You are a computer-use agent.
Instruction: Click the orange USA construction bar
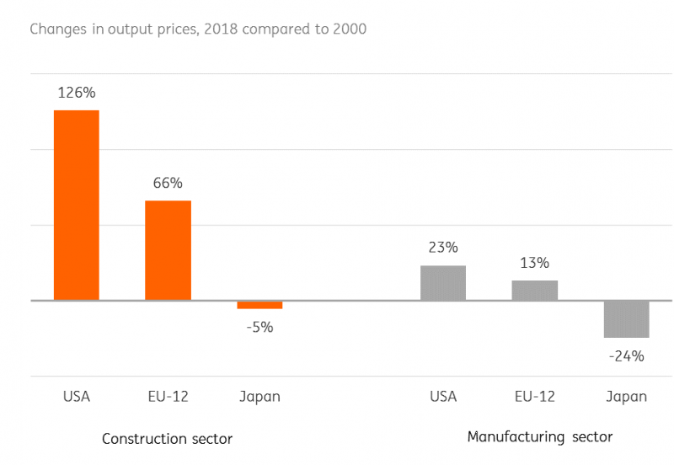[x=77, y=205]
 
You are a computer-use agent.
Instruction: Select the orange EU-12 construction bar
[x=168, y=250]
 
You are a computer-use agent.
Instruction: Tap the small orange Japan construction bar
[x=259, y=305]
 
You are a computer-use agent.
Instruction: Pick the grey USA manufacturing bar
[x=442, y=283]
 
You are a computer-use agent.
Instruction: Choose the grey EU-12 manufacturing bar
[x=534, y=290]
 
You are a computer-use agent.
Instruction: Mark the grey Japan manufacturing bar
[x=626, y=318]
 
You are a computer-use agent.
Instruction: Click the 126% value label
[x=77, y=93]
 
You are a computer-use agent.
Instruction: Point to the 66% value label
[x=168, y=183]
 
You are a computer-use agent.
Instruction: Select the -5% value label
[x=259, y=327]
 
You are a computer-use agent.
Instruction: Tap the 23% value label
[x=442, y=248]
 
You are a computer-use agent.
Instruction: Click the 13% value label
[x=534, y=262]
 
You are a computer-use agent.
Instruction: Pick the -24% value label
[x=626, y=355]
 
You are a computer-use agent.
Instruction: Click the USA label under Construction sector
[x=77, y=396]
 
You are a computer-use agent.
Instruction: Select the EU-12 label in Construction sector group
[x=168, y=396]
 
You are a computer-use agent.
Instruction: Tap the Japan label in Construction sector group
[x=259, y=396]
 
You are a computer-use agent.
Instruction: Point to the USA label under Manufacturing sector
[x=442, y=396]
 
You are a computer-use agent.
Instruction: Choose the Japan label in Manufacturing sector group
[x=626, y=396]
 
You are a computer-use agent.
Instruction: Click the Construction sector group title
[x=167, y=439]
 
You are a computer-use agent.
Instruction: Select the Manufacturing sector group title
[x=540, y=437]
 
